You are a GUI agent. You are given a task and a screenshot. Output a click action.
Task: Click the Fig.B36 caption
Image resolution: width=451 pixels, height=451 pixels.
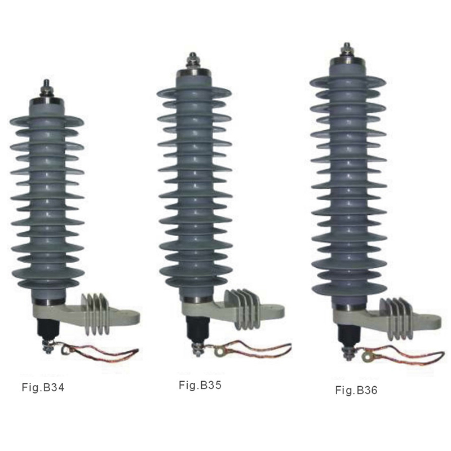pyautogui.click(x=356, y=390)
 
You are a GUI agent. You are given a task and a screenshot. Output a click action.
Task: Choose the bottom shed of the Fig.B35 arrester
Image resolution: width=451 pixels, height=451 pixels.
pyautogui.click(x=195, y=282)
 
